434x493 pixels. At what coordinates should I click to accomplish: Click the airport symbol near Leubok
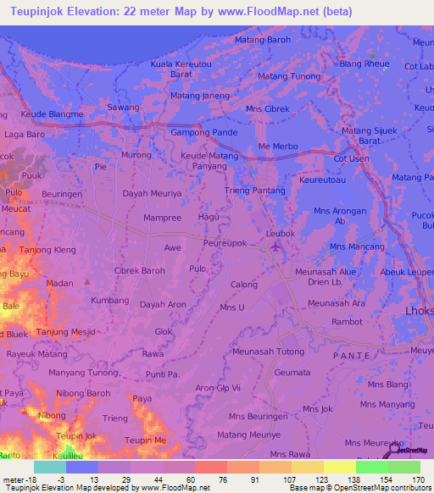click(x=275, y=246)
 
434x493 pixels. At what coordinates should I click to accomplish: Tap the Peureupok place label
click(x=225, y=242)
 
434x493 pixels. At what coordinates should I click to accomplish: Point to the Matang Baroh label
click(x=262, y=40)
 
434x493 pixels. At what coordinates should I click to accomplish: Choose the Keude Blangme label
click(x=52, y=114)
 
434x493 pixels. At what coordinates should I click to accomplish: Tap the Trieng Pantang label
click(x=254, y=191)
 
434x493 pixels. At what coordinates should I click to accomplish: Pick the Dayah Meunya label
click(x=153, y=193)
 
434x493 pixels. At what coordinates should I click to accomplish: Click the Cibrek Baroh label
click(x=139, y=271)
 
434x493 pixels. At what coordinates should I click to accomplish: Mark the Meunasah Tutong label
click(x=268, y=352)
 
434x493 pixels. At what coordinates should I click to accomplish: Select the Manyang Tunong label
click(x=82, y=373)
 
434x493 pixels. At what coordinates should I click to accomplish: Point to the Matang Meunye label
click(x=248, y=435)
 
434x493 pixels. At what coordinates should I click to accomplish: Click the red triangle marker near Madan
click(x=86, y=281)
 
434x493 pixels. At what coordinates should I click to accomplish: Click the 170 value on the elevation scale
click(x=417, y=479)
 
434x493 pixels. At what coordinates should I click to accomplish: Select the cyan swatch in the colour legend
click(x=50, y=467)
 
